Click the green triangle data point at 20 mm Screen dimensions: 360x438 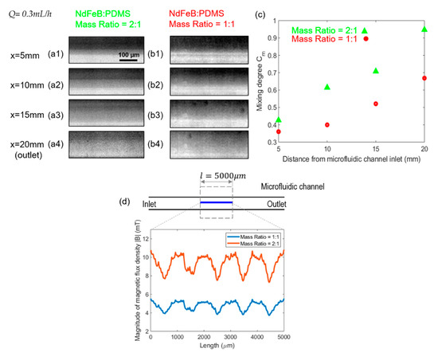point(424,29)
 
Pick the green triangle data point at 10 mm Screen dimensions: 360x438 point(327,86)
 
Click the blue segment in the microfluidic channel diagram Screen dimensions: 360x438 point(216,202)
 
